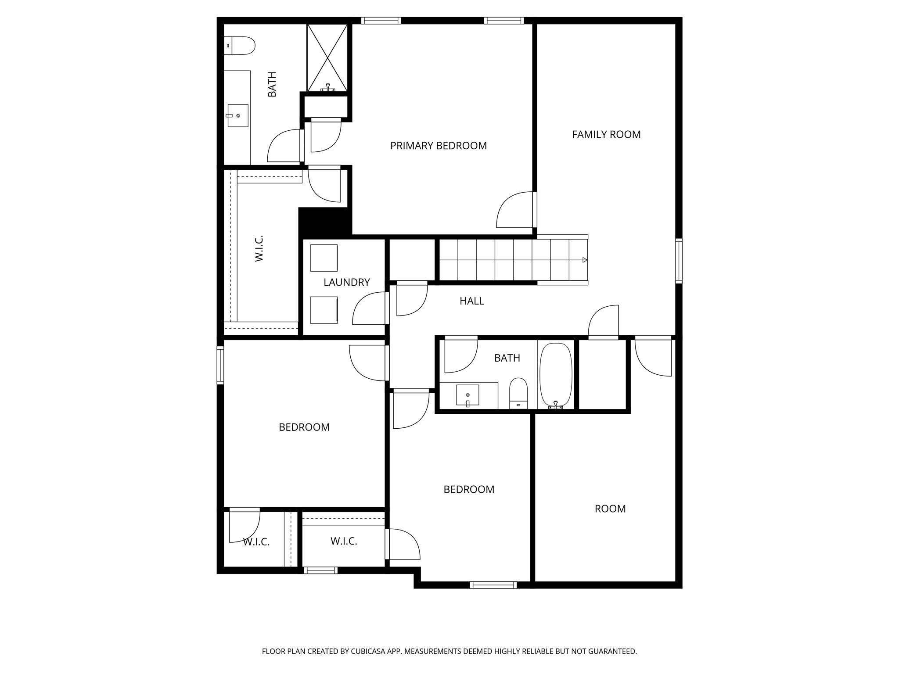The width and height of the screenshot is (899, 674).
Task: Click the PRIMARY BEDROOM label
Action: point(438,146)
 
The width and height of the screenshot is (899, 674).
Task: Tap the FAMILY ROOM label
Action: point(606,135)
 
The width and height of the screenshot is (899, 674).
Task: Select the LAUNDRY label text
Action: point(346,283)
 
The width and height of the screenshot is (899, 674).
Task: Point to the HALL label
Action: point(471,301)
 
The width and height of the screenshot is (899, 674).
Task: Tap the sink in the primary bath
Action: point(237,115)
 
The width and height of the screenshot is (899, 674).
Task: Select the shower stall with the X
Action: point(327,57)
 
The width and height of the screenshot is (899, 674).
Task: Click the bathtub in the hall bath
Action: point(556,375)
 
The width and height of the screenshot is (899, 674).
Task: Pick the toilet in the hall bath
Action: point(518,393)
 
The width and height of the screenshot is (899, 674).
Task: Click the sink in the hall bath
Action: point(467,395)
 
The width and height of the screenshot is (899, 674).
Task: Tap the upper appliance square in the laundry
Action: point(324,258)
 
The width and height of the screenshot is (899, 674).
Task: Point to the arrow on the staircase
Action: point(584,260)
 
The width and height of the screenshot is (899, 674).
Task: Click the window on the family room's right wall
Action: point(679,261)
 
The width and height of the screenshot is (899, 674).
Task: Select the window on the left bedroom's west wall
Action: point(220,365)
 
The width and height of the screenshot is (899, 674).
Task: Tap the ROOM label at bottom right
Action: point(610,509)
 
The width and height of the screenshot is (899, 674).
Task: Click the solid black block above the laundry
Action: point(324,222)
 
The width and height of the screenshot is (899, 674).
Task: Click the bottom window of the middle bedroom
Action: point(493,584)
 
